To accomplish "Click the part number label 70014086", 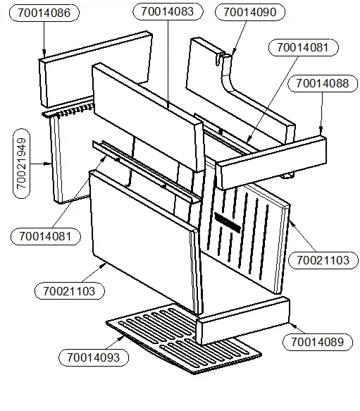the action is tap(44, 13).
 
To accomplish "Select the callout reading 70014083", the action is tap(168, 11).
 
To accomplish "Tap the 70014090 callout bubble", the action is tap(249, 12).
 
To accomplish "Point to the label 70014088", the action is tap(323, 84).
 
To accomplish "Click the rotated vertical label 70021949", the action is tap(21, 164).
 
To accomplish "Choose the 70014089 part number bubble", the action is tap(318, 342).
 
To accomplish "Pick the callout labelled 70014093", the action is tap(94, 357).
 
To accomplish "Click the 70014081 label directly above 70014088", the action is tap(303, 48).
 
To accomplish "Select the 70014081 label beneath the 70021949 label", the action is tap(46, 236).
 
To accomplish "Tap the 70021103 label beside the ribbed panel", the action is tap(323, 260).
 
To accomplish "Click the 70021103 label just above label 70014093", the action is tap(70, 291).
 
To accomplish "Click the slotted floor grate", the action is tap(183, 338).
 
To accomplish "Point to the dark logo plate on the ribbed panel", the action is tap(228, 223).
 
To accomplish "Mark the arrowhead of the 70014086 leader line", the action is tap(44, 54).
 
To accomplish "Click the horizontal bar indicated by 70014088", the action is tap(271, 162).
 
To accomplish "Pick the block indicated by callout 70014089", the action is tap(243, 321).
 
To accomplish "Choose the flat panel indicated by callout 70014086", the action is tap(96, 69).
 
